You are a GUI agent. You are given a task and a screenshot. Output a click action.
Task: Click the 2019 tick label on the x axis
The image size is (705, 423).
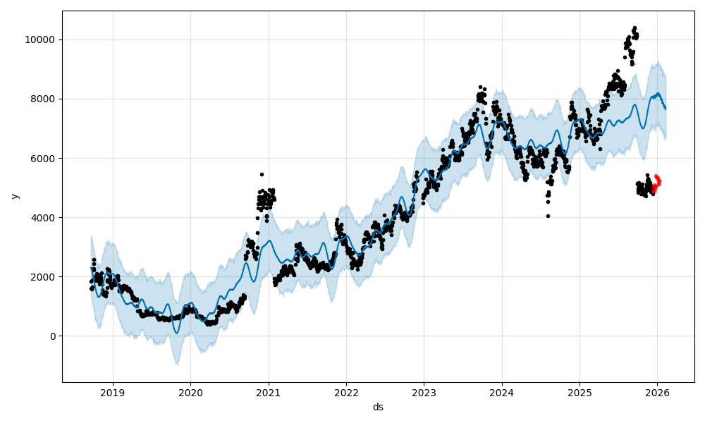pyautogui.click(x=113, y=392)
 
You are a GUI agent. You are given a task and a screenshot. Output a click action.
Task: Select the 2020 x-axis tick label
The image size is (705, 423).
pyautogui.click(x=190, y=392)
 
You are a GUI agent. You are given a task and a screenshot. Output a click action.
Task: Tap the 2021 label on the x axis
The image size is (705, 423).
pyautogui.click(x=269, y=392)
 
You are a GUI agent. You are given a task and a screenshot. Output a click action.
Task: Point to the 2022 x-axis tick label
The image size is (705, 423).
pyautogui.click(x=346, y=392)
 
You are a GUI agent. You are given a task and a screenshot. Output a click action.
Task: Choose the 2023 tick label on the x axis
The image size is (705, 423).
pyautogui.click(x=424, y=392)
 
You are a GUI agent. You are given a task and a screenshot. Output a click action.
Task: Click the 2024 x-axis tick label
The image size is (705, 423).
pyautogui.click(x=501, y=392)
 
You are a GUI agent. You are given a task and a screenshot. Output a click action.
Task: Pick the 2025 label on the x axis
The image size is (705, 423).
pyautogui.click(x=580, y=392)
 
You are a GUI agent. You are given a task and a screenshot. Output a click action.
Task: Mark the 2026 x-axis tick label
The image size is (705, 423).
pyautogui.click(x=657, y=392)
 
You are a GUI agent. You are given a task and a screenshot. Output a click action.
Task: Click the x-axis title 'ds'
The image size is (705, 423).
pyautogui.click(x=378, y=407)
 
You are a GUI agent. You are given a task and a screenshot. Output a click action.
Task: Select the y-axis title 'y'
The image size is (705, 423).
pyautogui.click(x=13, y=196)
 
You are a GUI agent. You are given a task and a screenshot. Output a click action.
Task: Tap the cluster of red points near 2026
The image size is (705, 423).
pyautogui.click(x=656, y=184)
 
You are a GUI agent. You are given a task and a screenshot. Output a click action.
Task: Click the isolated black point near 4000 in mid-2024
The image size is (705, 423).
pyautogui.click(x=548, y=216)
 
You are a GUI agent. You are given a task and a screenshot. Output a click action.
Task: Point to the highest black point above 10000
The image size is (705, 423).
pyautogui.click(x=634, y=28)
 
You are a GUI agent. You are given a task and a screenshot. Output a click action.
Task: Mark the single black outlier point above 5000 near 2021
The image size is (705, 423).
pyautogui.click(x=262, y=174)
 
